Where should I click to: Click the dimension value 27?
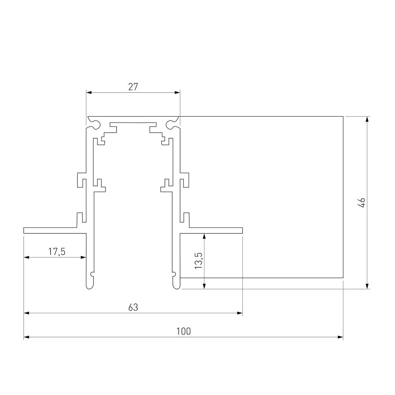133,87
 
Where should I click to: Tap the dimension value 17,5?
57,252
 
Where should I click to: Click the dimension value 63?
133,307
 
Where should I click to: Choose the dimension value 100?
183,331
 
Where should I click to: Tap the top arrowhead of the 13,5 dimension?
204,236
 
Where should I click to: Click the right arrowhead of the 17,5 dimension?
83,257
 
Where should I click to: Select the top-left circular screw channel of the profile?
95,124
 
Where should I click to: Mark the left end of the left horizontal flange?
24,230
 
